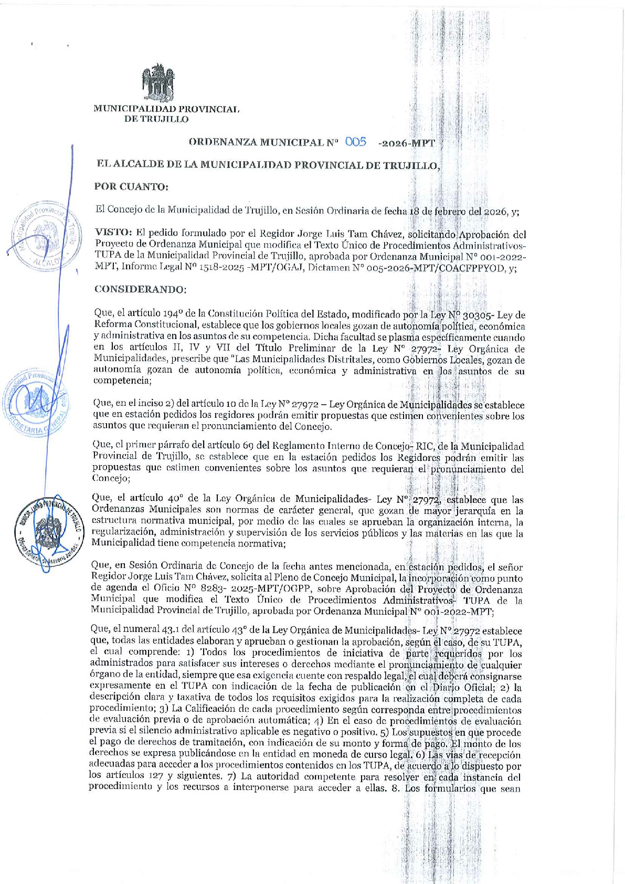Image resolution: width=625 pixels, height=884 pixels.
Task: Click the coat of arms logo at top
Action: pyautogui.click(x=158, y=82)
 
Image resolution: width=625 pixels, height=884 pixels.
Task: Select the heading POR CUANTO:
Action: pyautogui.click(x=131, y=186)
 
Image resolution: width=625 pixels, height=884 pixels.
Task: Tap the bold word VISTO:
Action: pyautogui.click(x=112, y=234)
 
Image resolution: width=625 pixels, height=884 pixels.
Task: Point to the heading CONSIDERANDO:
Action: pyautogui.click(x=140, y=289)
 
